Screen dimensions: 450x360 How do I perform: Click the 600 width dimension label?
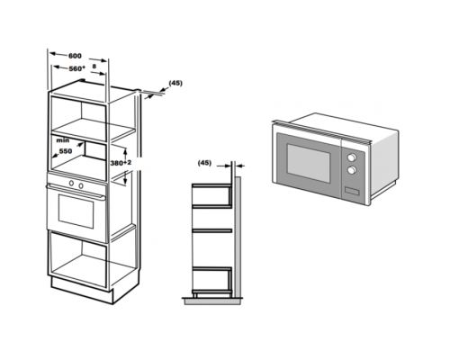(75, 56)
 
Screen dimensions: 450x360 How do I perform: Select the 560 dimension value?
(76, 68)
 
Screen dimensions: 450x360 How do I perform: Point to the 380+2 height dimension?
(121, 163)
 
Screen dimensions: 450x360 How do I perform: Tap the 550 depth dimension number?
(66, 151)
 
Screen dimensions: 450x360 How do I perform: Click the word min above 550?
(63, 140)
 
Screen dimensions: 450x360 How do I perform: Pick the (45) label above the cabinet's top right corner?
(175, 83)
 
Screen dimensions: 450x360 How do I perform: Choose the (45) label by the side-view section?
(204, 163)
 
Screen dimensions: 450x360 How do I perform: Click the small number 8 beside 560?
(94, 66)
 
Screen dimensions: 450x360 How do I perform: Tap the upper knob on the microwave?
(352, 157)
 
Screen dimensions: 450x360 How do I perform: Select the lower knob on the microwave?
(352, 170)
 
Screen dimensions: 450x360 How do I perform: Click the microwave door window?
(309, 163)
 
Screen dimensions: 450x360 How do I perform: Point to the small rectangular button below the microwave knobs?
(352, 191)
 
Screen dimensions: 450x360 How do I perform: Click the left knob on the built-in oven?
(71, 183)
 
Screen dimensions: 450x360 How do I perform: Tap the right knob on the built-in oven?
(81, 185)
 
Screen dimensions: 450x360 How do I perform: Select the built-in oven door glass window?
(76, 211)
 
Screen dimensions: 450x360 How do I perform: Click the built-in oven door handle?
(76, 192)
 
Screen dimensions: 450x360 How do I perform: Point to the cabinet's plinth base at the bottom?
(81, 291)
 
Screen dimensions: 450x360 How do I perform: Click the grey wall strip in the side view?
(238, 237)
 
